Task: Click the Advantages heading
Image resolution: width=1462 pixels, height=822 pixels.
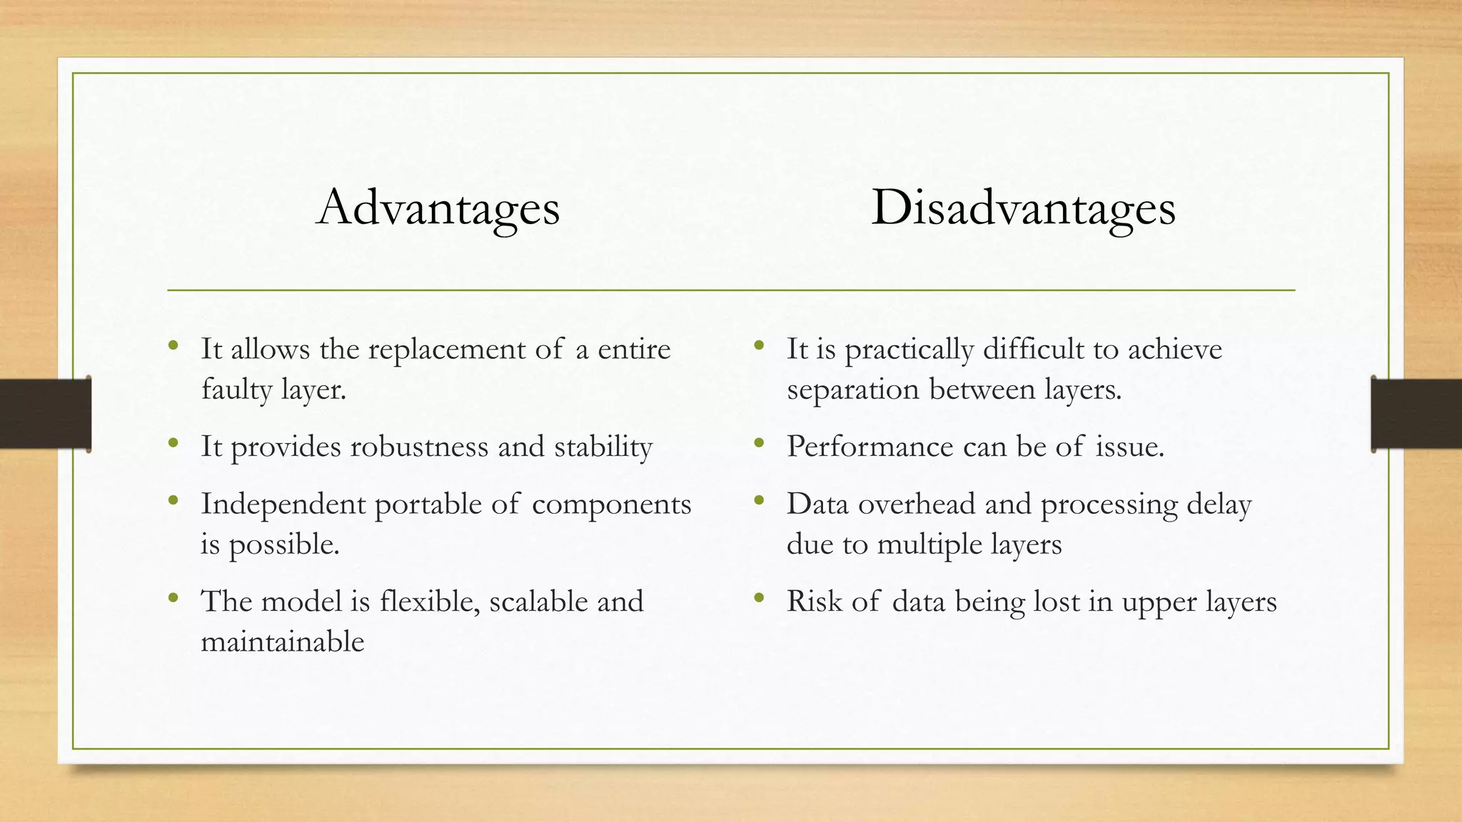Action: (438, 208)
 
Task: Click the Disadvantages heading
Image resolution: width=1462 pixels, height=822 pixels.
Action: (1023, 208)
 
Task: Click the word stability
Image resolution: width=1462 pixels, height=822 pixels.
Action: (603, 447)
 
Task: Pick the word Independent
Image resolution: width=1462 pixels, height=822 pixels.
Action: (283, 504)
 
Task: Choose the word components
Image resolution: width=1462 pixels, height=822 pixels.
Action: (611, 504)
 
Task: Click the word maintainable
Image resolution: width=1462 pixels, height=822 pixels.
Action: (283, 641)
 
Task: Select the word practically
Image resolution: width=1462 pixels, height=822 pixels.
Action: (909, 350)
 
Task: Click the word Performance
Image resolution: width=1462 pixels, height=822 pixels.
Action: (869, 447)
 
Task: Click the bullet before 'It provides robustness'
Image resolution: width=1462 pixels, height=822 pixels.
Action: (173, 444)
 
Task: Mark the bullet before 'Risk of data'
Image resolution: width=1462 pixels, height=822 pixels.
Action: (759, 598)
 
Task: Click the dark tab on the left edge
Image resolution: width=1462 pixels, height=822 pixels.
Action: (45, 414)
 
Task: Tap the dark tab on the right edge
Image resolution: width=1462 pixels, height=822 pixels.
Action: (1416, 414)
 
